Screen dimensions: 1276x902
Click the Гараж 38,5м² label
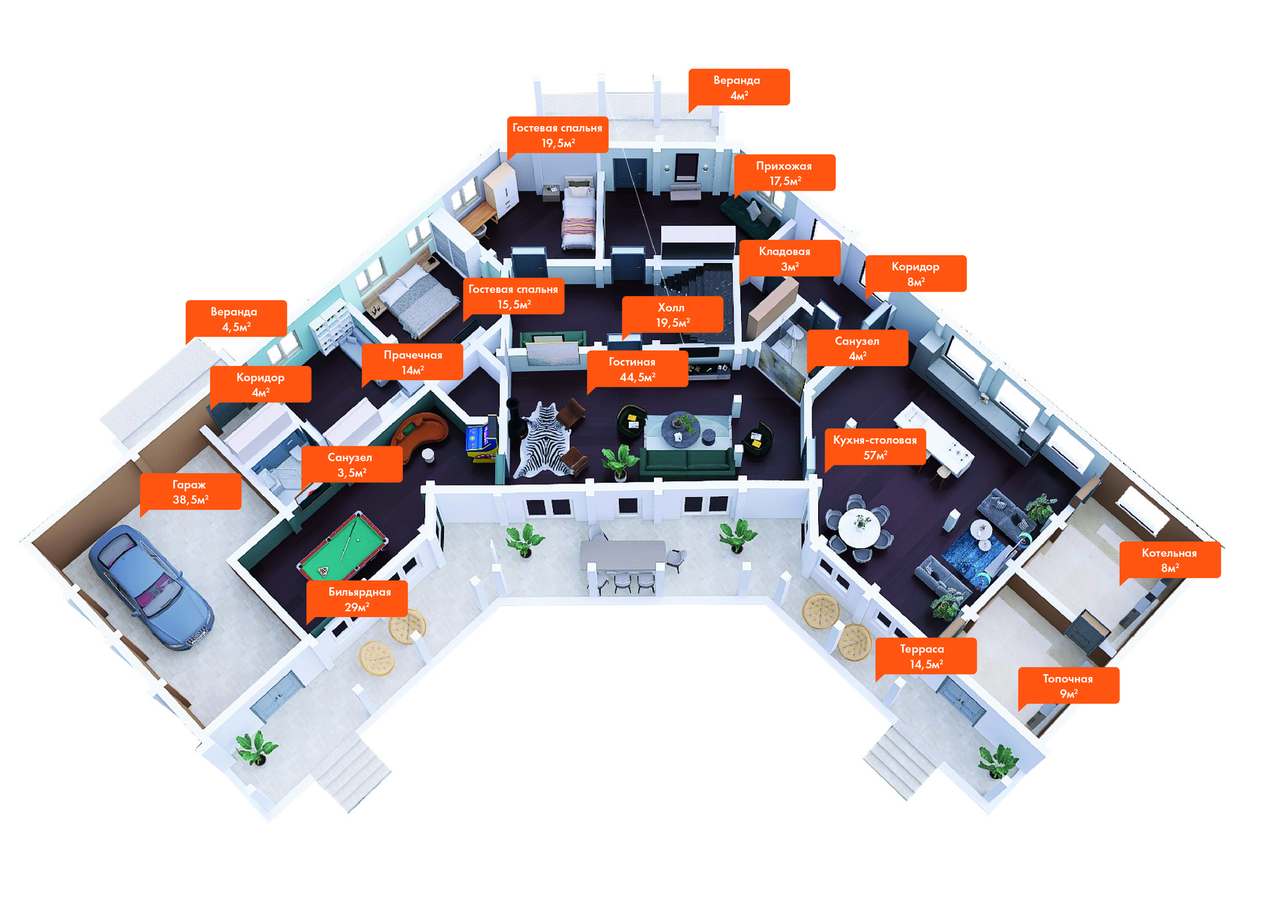[190, 492]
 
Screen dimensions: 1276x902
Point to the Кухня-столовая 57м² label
[875, 447]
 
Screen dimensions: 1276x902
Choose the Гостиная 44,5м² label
[637, 369]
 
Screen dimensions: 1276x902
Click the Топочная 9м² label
[1068, 685]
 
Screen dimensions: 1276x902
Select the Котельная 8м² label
[1169, 560]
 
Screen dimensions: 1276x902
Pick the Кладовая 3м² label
[789, 258]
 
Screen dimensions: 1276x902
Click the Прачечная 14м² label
[412, 362]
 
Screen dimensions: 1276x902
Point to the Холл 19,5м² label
[672, 315]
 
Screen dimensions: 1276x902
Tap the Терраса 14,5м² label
[925, 656]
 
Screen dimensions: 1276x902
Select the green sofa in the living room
[688, 462]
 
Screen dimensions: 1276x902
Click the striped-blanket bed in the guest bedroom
[579, 216]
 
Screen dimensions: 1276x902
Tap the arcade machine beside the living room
[480, 439]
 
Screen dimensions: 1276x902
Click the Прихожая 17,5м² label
[785, 173]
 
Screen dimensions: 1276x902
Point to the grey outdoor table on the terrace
[623, 554]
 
